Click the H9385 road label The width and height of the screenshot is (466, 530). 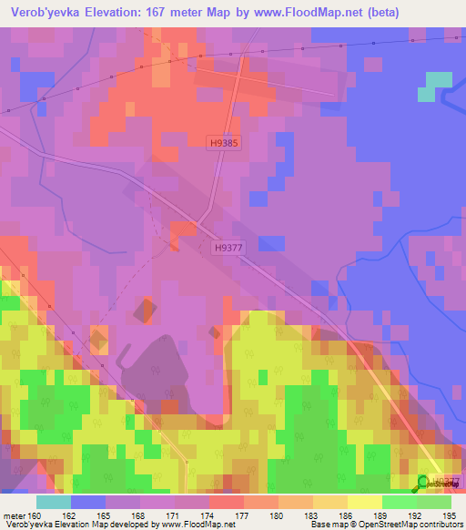(222, 143)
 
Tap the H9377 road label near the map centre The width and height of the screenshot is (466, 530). (232, 247)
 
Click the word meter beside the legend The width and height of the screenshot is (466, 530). (14, 515)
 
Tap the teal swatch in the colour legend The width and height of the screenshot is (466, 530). (54, 502)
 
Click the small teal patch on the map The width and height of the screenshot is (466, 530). (432, 86)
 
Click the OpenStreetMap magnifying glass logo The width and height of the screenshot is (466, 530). (425, 483)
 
